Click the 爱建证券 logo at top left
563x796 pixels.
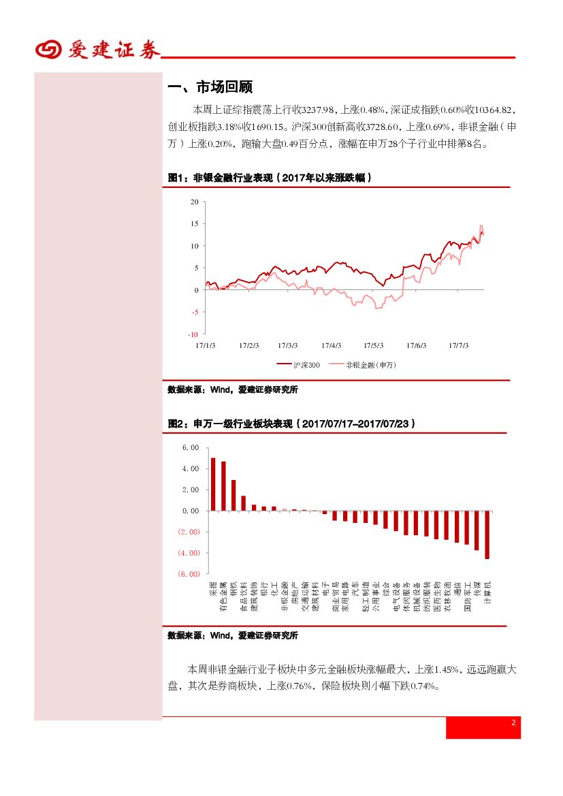point(97,50)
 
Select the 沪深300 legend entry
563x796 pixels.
point(299,365)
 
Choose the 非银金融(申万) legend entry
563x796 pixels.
point(364,365)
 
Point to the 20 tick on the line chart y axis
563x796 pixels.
point(195,202)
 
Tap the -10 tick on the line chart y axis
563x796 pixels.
point(193,334)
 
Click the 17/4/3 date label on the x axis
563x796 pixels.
point(331,345)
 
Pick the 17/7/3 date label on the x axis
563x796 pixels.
point(458,345)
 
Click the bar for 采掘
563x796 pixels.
point(213,483)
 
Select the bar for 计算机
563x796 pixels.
point(487,535)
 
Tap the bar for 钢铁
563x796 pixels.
point(234,495)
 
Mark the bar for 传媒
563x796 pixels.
point(477,530)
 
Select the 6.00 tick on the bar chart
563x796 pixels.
point(190,448)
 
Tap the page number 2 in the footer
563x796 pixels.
point(513,723)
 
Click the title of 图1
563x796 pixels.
point(270,178)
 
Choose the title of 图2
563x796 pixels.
point(291,424)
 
